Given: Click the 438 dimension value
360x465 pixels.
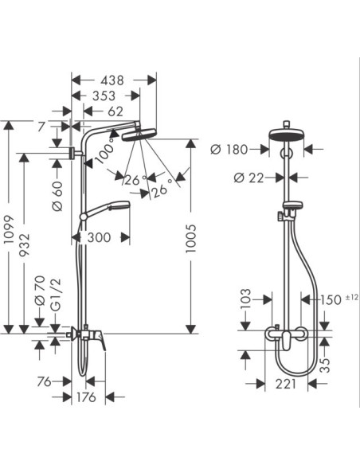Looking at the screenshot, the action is (112, 80).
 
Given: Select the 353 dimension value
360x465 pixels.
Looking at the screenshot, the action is (104, 96).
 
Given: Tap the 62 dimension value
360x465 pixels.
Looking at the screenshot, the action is (115, 111).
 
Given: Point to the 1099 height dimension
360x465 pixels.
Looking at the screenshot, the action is (10, 229).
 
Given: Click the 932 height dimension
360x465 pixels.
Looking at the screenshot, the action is (25, 245).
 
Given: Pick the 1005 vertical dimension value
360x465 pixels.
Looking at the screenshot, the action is (191, 238).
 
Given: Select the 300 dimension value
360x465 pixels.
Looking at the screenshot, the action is (99, 237).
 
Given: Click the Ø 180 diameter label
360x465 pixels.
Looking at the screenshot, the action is (229, 150).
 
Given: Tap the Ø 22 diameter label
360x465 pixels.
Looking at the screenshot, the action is (248, 178).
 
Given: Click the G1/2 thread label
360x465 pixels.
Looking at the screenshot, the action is (56, 295).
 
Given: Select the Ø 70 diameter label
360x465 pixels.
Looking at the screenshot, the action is (40, 291).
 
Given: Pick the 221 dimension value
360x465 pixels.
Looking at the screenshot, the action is (286, 384).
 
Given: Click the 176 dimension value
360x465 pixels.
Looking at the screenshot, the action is (86, 397).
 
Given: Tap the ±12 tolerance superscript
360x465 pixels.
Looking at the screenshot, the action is (352, 297).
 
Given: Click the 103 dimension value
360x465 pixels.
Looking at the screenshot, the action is (246, 299).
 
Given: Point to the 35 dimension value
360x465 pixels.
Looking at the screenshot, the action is (326, 365).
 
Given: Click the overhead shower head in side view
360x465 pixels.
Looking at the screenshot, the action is (139, 135).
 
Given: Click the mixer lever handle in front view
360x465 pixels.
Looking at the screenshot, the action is (286, 341).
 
